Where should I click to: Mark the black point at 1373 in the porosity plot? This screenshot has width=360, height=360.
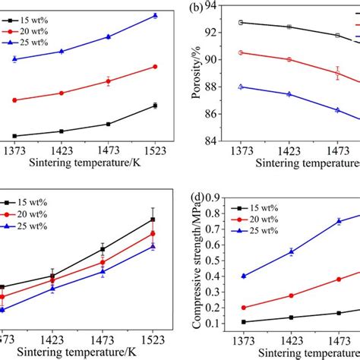(242, 22)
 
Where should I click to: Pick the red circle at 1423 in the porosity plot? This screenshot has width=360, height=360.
(289, 59)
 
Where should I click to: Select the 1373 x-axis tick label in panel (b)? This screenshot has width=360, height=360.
(242, 151)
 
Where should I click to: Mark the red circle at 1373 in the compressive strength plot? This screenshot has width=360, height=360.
(243, 308)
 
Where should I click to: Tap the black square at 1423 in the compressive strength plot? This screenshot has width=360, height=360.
(290, 317)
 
